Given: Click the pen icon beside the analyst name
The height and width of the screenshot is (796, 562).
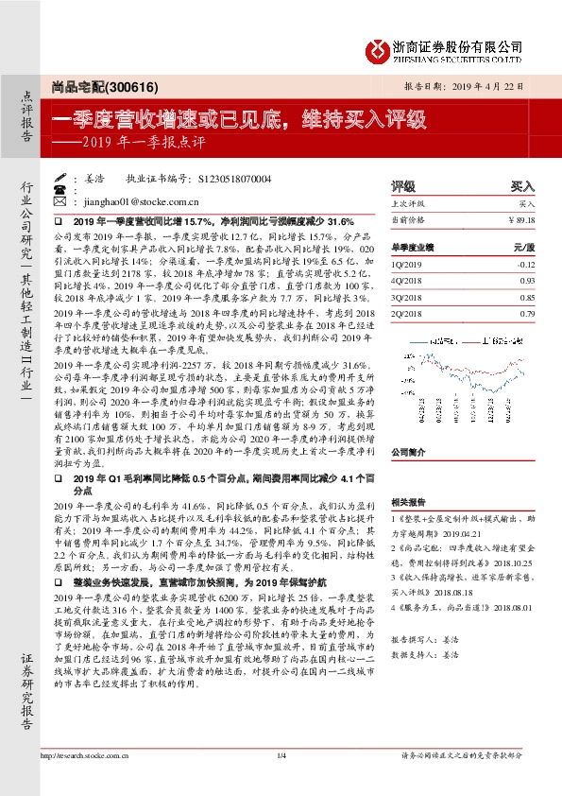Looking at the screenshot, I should tap(62, 177).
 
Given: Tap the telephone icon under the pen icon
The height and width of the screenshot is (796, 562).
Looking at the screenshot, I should tap(62, 189).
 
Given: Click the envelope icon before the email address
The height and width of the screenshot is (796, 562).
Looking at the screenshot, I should tap(62, 201).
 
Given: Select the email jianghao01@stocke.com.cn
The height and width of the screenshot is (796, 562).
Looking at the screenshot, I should tap(140, 201).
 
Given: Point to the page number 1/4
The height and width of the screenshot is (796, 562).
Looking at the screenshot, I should tap(281, 754).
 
